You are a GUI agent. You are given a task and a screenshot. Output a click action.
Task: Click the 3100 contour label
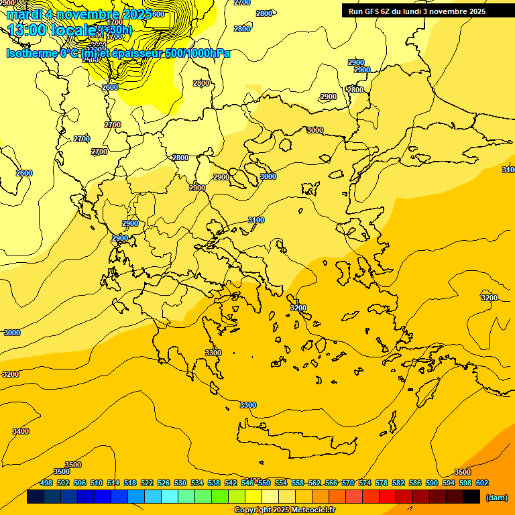click(256, 221)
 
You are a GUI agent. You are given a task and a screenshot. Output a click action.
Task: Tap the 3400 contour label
click(21, 431)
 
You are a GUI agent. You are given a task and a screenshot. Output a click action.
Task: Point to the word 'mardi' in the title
click(24, 13)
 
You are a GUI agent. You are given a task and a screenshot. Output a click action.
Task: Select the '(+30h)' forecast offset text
click(115, 30)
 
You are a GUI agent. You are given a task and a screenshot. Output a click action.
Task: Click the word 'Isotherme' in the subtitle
click(31, 54)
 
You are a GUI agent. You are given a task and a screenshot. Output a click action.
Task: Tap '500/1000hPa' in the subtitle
click(198, 54)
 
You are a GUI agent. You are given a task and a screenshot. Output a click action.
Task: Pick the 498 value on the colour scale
click(46, 483)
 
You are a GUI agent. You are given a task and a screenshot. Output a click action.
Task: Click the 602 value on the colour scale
click(481, 483)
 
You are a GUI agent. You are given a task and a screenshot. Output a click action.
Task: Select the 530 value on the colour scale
click(180, 483)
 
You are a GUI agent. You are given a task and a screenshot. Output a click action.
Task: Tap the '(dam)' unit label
click(496, 497)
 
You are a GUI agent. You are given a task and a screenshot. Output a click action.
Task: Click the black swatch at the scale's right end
click(471, 497)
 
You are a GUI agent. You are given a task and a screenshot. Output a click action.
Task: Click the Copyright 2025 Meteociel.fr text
click(284, 510)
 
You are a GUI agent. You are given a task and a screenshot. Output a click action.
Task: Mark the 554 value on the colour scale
click(281, 483)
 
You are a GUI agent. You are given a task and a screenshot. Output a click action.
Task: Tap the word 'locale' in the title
click(74, 30)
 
